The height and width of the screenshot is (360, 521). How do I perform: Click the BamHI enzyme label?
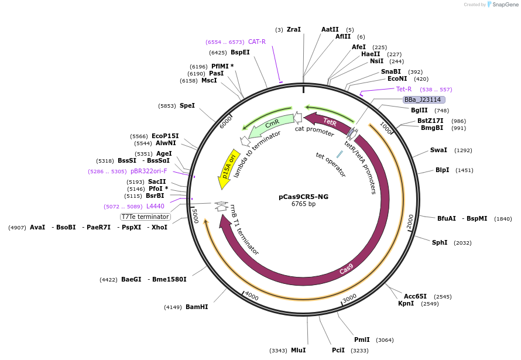tap(197, 307)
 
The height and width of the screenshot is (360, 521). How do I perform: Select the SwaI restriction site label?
tap(438, 150)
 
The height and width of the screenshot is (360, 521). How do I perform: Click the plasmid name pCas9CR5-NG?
tap(303, 197)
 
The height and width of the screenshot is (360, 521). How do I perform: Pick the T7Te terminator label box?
tap(145, 217)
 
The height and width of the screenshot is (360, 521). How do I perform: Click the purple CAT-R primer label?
tap(257, 42)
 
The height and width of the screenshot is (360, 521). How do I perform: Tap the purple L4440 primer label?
tap(155, 206)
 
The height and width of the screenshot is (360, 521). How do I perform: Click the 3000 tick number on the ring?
tap(349, 298)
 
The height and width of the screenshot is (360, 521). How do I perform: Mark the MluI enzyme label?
tap(299, 350)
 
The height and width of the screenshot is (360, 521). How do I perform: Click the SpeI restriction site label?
tap(187, 105)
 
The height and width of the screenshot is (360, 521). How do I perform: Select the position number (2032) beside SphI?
tap(462, 242)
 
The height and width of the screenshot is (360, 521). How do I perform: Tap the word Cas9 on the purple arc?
tap(347, 269)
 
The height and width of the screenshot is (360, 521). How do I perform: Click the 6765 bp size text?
tap(303, 204)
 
